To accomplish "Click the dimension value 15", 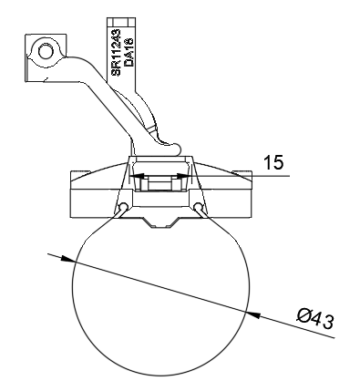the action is [273, 162].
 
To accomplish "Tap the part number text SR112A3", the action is [116, 53].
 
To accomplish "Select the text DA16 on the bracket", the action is [129, 52].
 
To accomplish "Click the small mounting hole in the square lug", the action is [46, 51].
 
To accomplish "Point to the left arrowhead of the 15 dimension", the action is [137, 176].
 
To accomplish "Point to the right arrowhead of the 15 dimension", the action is [184, 176].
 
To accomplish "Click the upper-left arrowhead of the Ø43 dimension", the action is [67, 259].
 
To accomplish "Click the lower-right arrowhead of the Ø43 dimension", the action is [252, 314].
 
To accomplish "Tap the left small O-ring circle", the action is [123, 207].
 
